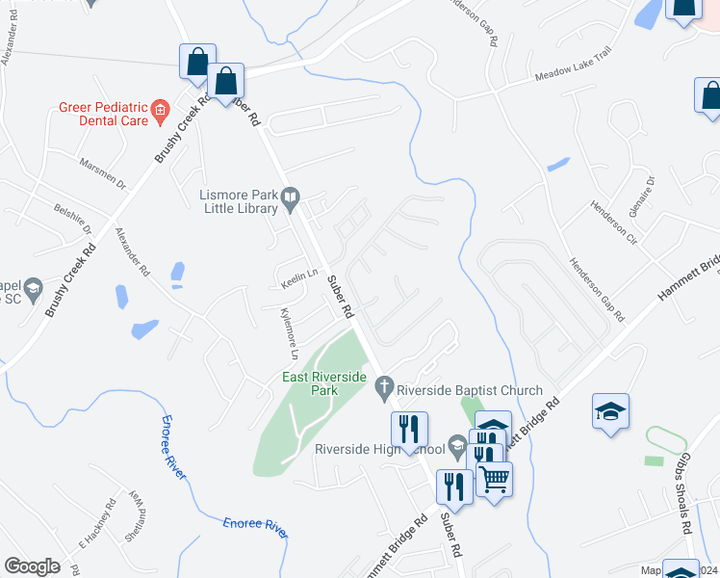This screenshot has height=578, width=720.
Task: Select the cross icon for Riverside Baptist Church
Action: coord(383,390)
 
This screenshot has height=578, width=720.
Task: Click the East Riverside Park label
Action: coord(323,384)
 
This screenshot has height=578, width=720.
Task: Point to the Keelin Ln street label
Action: coord(299,276)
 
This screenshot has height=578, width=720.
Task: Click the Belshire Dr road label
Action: coord(72,218)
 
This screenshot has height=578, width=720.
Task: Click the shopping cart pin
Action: coord(495,478)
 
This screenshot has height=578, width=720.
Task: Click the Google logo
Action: coord(32,566)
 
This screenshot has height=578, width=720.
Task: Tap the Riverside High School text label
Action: coord(380,449)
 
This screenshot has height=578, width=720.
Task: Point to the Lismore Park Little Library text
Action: coord(237,200)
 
